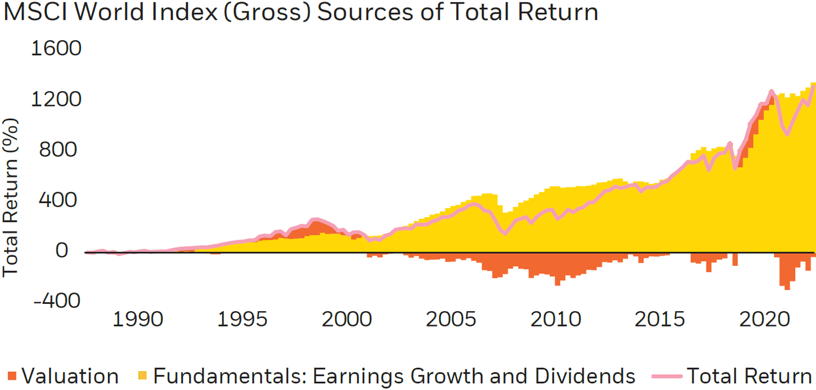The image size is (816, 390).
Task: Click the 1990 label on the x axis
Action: point(138,319)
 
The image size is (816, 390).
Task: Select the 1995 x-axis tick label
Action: point(243,319)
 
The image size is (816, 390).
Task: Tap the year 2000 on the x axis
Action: point(347,319)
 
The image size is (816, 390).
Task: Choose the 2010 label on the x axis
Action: point(556,319)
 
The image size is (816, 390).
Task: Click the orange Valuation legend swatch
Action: point(12,376)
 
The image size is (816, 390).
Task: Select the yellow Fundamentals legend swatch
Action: point(143,376)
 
